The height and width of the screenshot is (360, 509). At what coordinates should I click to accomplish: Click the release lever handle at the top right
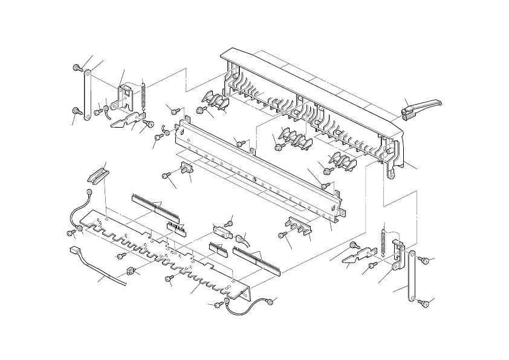click(x=421, y=107)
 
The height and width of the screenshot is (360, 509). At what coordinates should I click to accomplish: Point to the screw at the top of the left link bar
click(x=77, y=68)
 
